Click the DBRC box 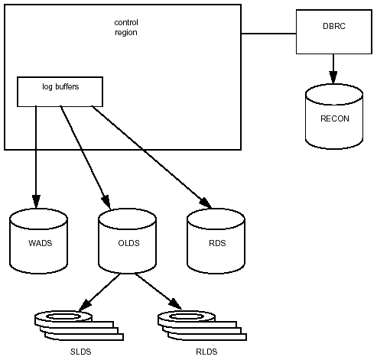click(x=334, y=32)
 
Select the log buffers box click(x=60, y=92)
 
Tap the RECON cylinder click(x=334, y=116)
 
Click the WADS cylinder click(x=39, y=241)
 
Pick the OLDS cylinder click(x=128, y=241)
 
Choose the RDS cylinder click(x=216, y=241)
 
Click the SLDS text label click(x=80, y=352)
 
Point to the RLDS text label click(x=206, y=352)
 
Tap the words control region click(x=126, y=28)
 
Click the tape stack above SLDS click(x=79, y=326)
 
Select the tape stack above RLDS click(x=202, y=326)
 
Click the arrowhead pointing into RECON click(x=333, y=77)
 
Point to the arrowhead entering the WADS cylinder click(x=36, y=202)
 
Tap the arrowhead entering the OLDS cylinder click(x=106, y=203)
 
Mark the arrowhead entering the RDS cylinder click(x=206, y=203)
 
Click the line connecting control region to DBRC click(x=268, y=34)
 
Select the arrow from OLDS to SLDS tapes click(x=99, y=292)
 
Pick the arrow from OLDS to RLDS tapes click(x=158, y=291)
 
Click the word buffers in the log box click(x=67, y=86)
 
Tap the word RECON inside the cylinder click(x=335, y=118)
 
